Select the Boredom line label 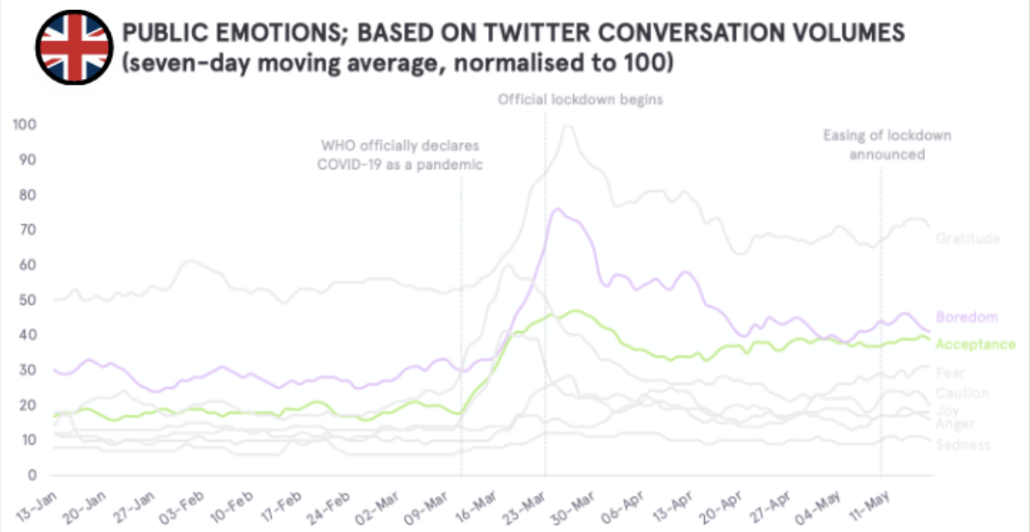coord(966,317)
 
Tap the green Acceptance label coord(975,344)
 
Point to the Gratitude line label coord(967,238)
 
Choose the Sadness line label coord(963,444)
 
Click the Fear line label coord(950,372)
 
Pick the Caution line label coord(962,393)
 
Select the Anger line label coord(955,424)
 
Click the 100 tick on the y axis coord(25,124)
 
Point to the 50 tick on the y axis coord(28,300)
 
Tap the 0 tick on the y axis coord(32,475)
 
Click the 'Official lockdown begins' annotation coord(580,98)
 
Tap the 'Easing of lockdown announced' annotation coord(886,145)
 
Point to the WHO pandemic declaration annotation coord(400,155)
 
